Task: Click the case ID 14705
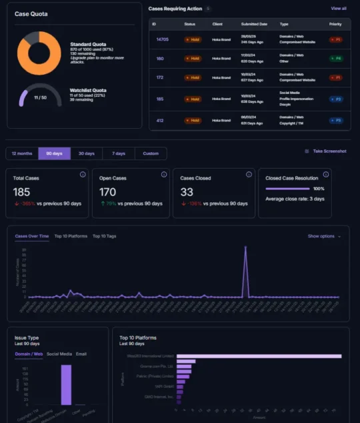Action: (162, 39)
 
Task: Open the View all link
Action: (338, 9)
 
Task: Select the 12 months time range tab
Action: (22, 153)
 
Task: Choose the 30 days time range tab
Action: (87, 153)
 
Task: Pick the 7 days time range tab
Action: (119, 153)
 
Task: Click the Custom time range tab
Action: (151, 153)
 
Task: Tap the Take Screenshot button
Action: (329, 151)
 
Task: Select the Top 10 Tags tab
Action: (104, 236)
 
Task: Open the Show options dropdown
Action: (323, 236)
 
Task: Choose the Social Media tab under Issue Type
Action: (59, 354)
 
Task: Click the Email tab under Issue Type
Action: (81, 354)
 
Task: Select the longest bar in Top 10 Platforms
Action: (260, 356)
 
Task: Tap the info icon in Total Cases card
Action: (82, 174)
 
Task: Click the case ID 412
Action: (160, 120)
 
